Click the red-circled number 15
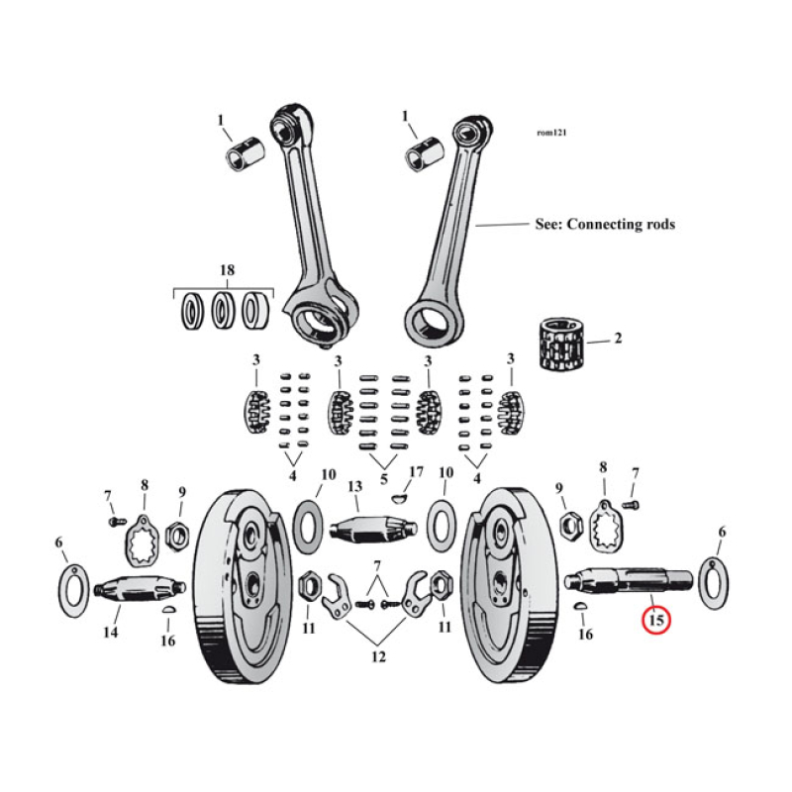coord(655,621)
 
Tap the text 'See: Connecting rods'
coord(604,225)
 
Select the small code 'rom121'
coord(551,132)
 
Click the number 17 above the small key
coord(416,473)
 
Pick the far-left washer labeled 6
coord(72,592)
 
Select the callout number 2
coord(618,339)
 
